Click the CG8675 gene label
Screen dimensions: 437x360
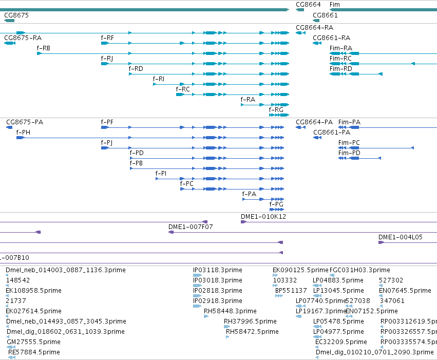(x=16, y=15)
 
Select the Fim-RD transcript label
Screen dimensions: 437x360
(x=340, y=68)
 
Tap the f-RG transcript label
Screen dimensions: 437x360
(x=276, y=110)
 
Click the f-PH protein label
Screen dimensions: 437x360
(x=23, y=132)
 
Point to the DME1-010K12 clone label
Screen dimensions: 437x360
(x=263, y=217)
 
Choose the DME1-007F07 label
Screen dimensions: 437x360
(x=191, y=227)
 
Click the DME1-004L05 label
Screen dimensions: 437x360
(x=400, y=237)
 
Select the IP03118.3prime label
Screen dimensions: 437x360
(x=217, y=270)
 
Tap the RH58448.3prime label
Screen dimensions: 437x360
(x=230, y=311)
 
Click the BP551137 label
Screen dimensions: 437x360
(x=291, y=291)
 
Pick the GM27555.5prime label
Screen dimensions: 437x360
(x=33, y=342)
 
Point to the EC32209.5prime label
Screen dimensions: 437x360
(x=341, y=342)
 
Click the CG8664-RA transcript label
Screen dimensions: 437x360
(x=314, y=28)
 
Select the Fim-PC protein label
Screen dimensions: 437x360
(x=349, y=143)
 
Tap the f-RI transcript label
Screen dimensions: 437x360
(x=158, y=79)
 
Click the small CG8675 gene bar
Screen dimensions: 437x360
(x=9, y=21)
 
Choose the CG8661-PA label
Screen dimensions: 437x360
(x=332, y=132)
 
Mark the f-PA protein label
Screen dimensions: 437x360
(x=249, y=194)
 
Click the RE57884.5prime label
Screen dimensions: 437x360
(x=34, y=352)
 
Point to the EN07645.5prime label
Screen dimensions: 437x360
(x=405, y=291)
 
